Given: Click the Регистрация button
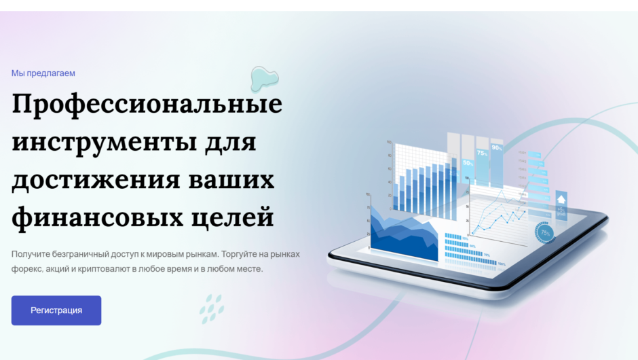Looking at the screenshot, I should pos(56,310).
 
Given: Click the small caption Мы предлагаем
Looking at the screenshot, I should pos(43,73).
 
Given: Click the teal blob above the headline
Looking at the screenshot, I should pos(263,79).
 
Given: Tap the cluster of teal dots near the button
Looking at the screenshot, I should pos(212,308).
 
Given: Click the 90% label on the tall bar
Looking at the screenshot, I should pos(497,148).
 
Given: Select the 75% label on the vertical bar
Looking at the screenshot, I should pos(483,154).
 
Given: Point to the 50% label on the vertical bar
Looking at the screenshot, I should pos(468,163).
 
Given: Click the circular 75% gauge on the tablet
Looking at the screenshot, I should pos(545,233).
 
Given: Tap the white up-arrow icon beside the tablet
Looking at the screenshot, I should pos(561,199).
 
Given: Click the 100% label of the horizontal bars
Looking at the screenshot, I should pos(502,263).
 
